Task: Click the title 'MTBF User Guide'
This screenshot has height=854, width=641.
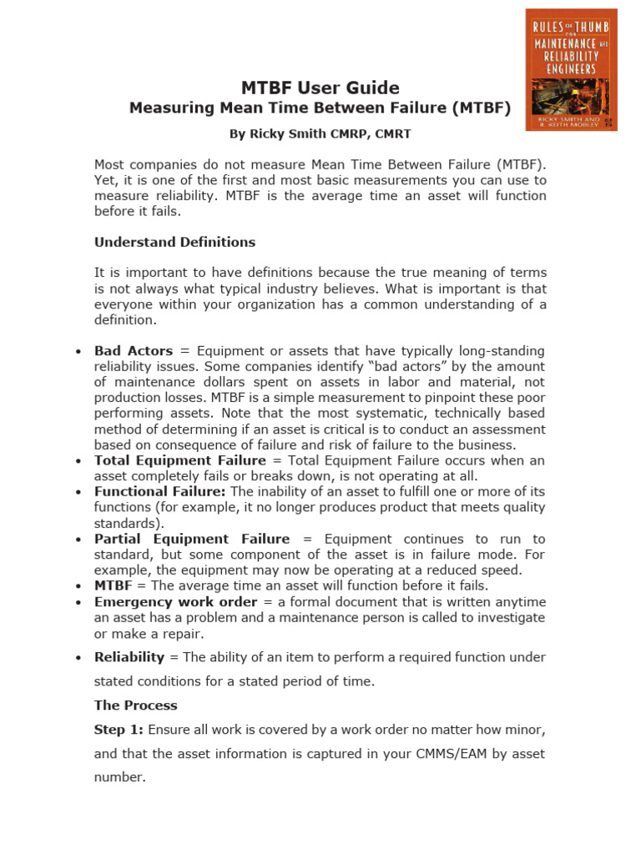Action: pyautogui.click(x=320, y=88)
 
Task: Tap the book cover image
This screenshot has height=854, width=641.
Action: pyautogui.click(x=571, y=69)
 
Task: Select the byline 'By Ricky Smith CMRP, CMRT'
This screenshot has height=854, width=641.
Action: pyautogui.click(x=320, y=133)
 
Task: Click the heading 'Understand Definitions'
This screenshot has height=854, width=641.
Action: pyautogui.click(x=174, y=242)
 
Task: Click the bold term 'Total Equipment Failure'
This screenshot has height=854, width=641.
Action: pyautogui.click(x=180, y=460)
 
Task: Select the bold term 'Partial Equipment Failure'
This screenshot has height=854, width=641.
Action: pyautogui.click(x=192, y=539)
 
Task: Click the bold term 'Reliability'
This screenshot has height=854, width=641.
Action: pyautogui.click(x=129, y=657)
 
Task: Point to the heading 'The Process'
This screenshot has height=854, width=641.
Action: pyautogui.click(x=135, y=705)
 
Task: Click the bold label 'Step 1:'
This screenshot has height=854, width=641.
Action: pyautogui.click(x=119, y=730)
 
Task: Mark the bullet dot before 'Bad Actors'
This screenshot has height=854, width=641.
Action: pyautogui.click(x=78, y=352)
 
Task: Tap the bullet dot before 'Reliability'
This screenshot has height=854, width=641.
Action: pyautogui.click(x=78, y=658)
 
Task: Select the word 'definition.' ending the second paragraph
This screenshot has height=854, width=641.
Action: pyautogui.click(x=124, y=320)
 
